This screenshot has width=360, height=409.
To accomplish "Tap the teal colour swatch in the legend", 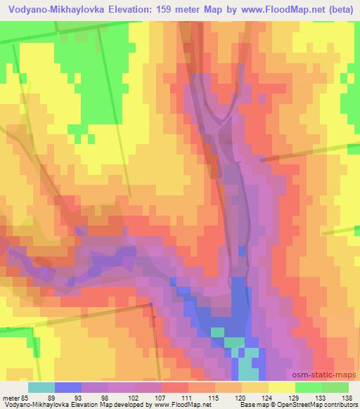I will click(41, 387).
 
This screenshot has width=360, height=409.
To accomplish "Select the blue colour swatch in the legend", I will click(68, 387).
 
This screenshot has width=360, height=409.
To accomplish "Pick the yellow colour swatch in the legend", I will click(282, 387).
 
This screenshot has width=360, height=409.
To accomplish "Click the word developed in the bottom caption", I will click(134, 405).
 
